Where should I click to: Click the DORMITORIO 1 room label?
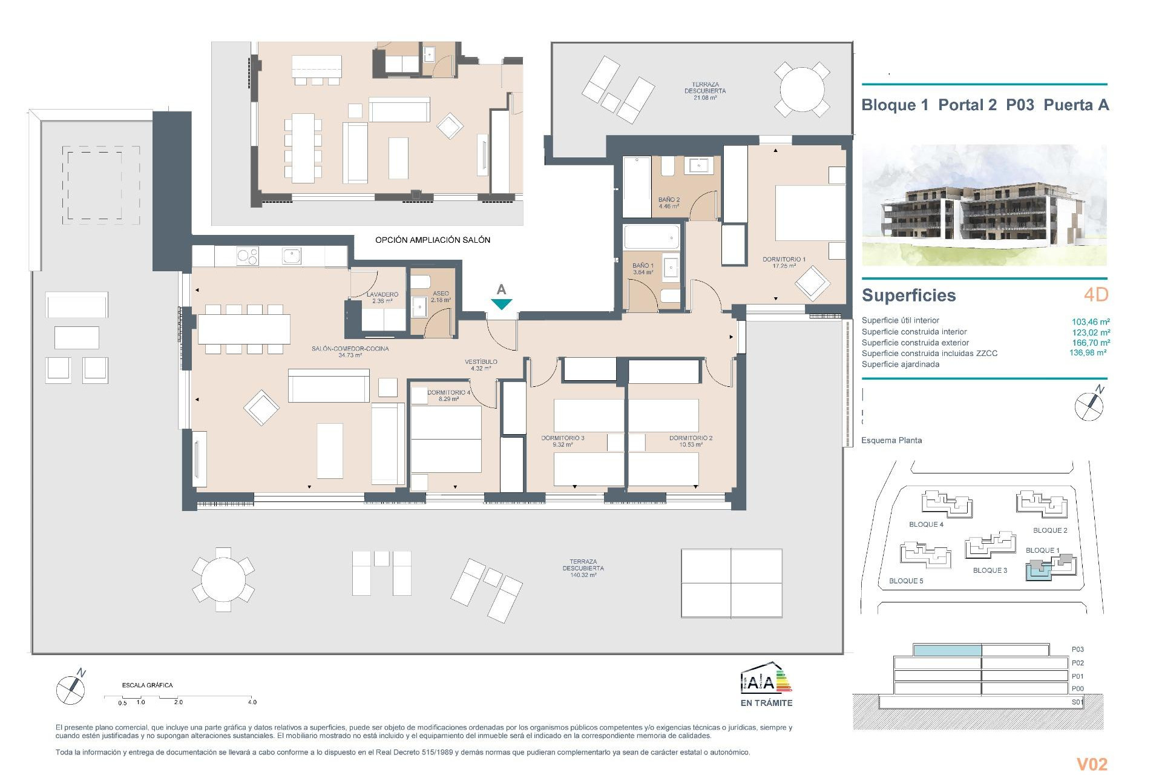point(784,260)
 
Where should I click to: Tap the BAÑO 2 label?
point(669,200)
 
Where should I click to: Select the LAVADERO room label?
point(382,295)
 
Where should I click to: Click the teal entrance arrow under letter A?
point(501,305)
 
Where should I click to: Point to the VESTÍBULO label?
point(481,362)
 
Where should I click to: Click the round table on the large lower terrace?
point(223,579)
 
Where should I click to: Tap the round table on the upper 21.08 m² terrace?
point(802,89)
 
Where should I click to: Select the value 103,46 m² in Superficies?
point(1091,322)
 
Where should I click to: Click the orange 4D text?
point(1095,295)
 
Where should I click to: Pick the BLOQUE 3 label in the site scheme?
point(990,570)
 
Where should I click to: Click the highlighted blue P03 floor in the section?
point(947,650)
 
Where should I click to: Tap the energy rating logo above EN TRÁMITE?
point(766,680)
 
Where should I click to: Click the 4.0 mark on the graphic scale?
point(252,702)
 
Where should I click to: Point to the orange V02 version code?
point(1091,764)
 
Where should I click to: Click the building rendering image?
point(984,205)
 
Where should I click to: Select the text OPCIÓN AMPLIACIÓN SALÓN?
point(432,240)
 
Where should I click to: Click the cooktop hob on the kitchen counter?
point(247,257)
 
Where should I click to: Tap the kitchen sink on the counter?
point(291,256)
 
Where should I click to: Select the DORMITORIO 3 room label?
point(562,438)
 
